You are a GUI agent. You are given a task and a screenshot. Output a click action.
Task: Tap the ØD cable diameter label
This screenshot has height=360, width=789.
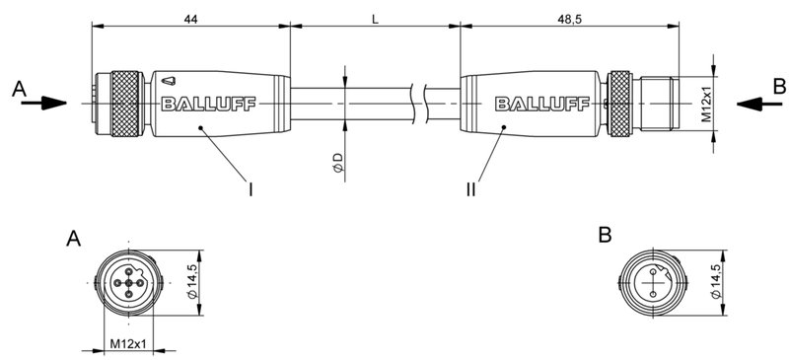338,166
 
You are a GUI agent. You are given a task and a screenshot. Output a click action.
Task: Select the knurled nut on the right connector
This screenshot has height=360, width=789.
619,102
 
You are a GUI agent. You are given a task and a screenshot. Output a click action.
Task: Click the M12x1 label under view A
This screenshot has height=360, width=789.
127,344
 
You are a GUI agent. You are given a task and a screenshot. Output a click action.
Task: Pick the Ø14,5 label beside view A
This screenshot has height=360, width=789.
194,282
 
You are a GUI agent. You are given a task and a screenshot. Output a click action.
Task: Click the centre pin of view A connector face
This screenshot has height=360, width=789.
128,283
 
